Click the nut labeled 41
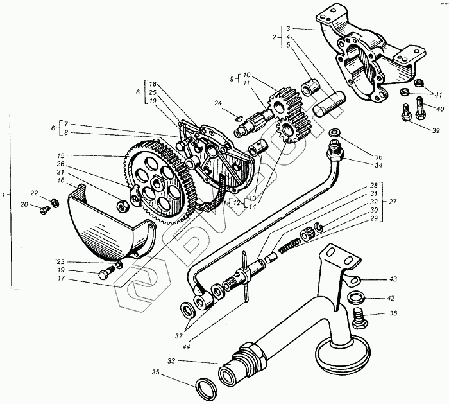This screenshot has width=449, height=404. [405, 94]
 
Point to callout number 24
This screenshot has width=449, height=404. [219, 103]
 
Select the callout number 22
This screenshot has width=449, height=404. [34, 193]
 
